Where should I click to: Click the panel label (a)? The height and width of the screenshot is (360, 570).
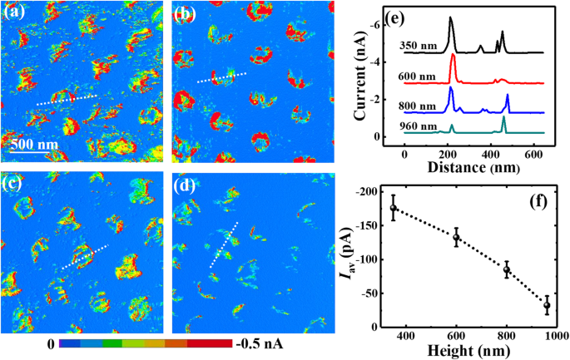tap(15, 12)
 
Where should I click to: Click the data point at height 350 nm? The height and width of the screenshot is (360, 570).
tap(394, 208)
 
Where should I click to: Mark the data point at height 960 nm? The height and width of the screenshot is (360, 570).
tap(547, 306)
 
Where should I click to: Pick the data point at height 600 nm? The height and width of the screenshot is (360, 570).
tap(456, 238)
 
